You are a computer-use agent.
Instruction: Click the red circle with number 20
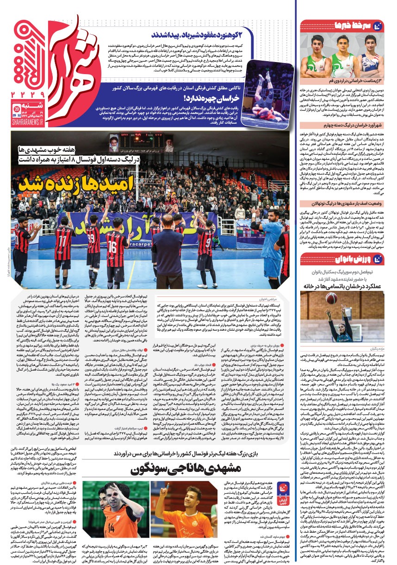[16, 109]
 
